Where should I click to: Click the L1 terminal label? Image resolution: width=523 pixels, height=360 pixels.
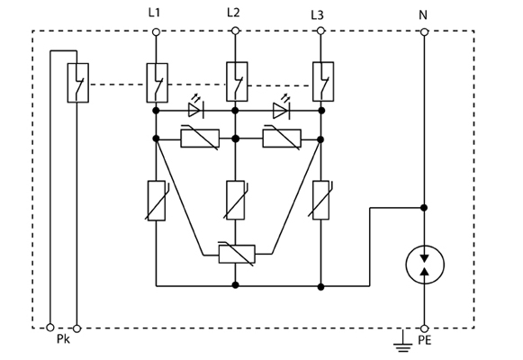click(154, 13)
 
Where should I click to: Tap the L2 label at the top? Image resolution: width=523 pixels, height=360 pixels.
click(233, 13)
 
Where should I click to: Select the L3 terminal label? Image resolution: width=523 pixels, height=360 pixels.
click(317, 15)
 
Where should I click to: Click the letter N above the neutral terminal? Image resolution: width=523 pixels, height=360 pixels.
click(423, 15)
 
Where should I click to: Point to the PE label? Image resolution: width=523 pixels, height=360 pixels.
click(425, 340)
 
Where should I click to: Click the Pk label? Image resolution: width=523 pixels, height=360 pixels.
click(63, 339)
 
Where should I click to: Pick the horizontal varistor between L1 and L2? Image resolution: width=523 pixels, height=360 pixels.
click(200, 138)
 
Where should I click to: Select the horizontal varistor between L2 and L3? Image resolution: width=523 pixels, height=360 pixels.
click(282, 138)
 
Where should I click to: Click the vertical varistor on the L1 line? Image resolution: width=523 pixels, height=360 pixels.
click(157, 201)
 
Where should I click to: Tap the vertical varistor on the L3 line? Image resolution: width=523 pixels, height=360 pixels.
click(320, 200)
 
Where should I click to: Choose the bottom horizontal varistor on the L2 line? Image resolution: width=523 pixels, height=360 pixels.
click(237, 254)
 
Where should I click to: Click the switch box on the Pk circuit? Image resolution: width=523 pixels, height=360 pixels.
click(78, 83)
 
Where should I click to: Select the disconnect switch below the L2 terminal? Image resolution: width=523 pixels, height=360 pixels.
click(237, 82)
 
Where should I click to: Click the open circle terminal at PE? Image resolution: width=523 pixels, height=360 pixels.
click(424, 328)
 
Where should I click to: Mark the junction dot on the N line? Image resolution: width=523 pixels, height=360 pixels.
click(424, 208)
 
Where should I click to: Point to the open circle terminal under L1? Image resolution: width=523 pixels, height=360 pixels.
click(156, 32)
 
